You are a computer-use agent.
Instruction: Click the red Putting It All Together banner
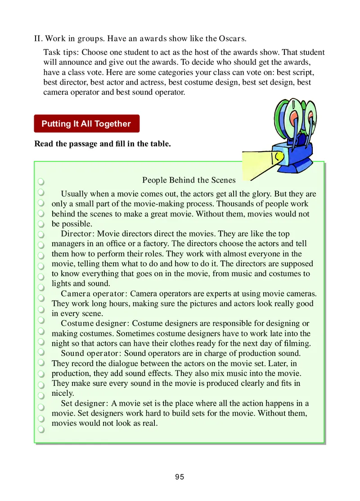point(86,124)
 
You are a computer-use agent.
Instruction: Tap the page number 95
point(180,477)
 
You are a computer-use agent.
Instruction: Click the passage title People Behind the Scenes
point(189,180)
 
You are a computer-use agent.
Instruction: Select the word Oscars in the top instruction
point(232,38)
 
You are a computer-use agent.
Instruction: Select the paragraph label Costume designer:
point(95,323)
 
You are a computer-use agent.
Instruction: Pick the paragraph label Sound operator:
point(92,353)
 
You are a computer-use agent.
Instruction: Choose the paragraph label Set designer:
point(85,403)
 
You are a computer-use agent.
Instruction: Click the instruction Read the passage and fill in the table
point(103,144)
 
